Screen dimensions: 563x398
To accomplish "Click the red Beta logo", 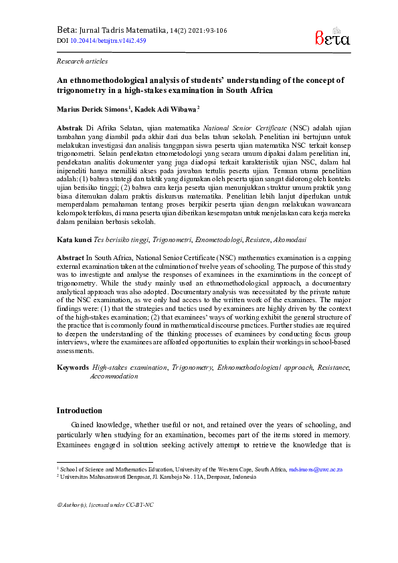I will (x=332, y=37).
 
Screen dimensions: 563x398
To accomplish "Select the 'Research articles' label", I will (x=82, y=61).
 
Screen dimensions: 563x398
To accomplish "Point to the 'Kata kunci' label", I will (x=74, y=239).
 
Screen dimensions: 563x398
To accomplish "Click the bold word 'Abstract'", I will (x=71, y=256).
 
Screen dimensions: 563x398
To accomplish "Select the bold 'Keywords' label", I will (x=72, y=367).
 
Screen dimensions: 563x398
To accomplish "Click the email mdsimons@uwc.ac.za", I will (x=315, y=470).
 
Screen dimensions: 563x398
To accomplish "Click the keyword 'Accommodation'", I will (x=114, y=376).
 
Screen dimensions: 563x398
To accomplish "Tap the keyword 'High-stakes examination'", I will (x=129, y=367).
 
